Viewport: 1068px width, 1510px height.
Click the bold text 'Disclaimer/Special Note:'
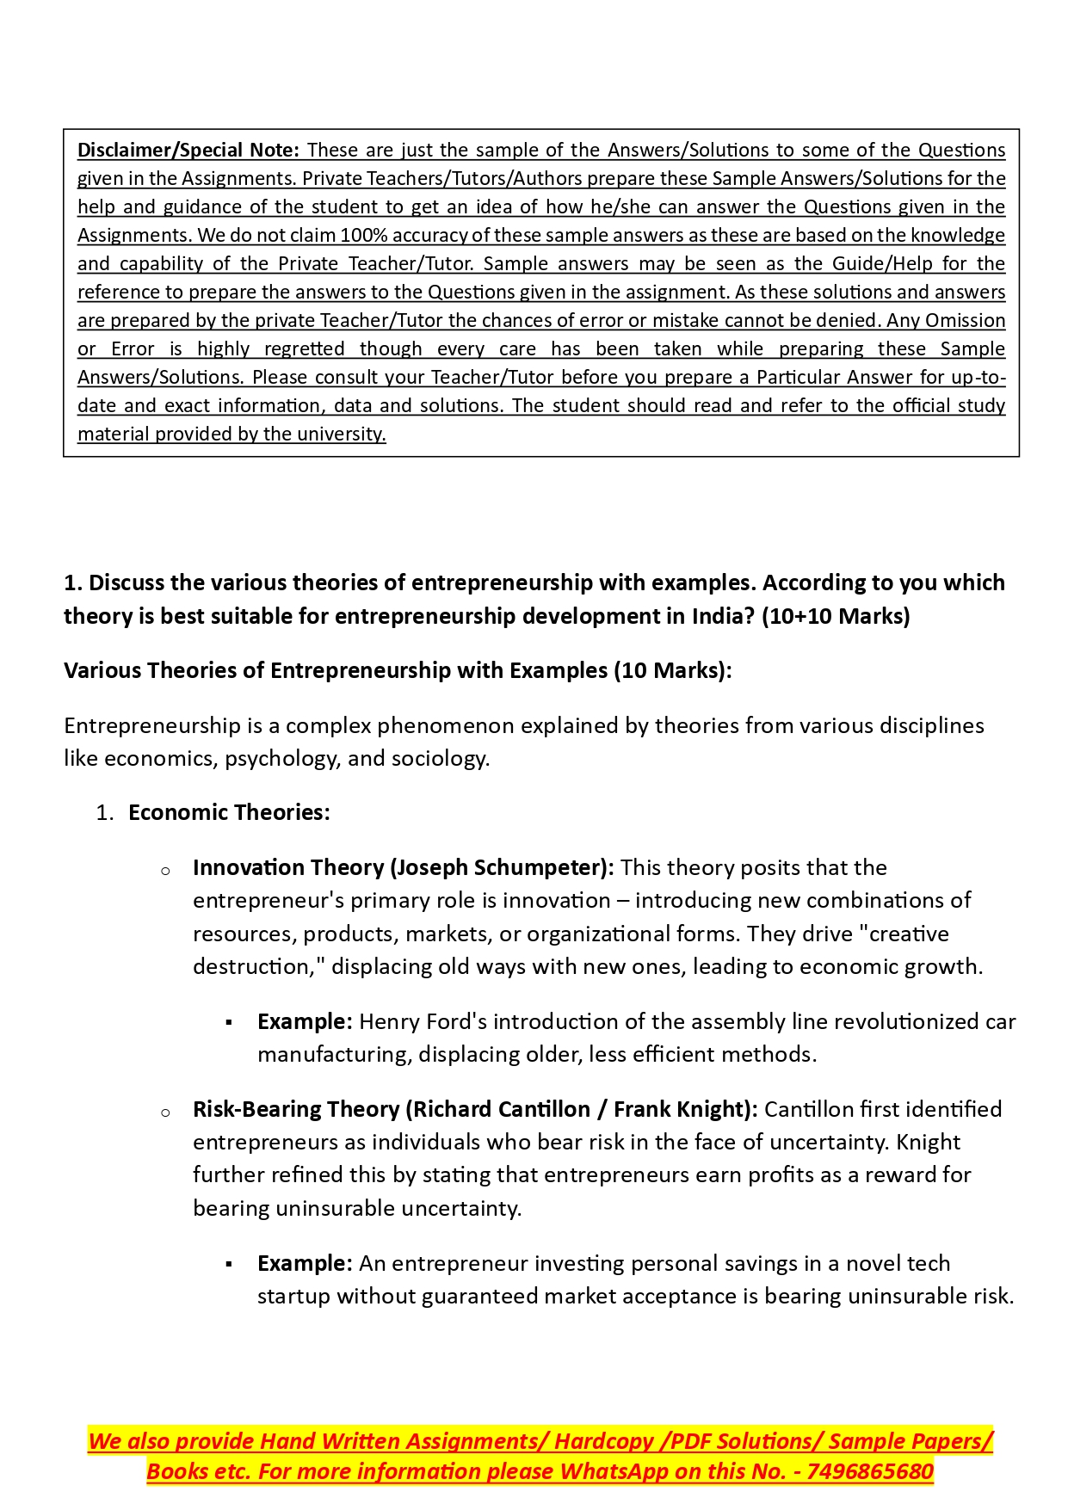point(188,150)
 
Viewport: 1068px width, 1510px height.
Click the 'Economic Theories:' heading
point(229,812)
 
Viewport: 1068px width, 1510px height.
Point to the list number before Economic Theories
point(104,813)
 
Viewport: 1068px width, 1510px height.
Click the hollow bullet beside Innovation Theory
point(165,871)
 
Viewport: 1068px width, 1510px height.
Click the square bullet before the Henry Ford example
point(229,1022)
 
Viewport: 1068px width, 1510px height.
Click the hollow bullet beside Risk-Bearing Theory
point(165,1112)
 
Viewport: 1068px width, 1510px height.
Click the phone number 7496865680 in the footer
point(870,1471)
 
